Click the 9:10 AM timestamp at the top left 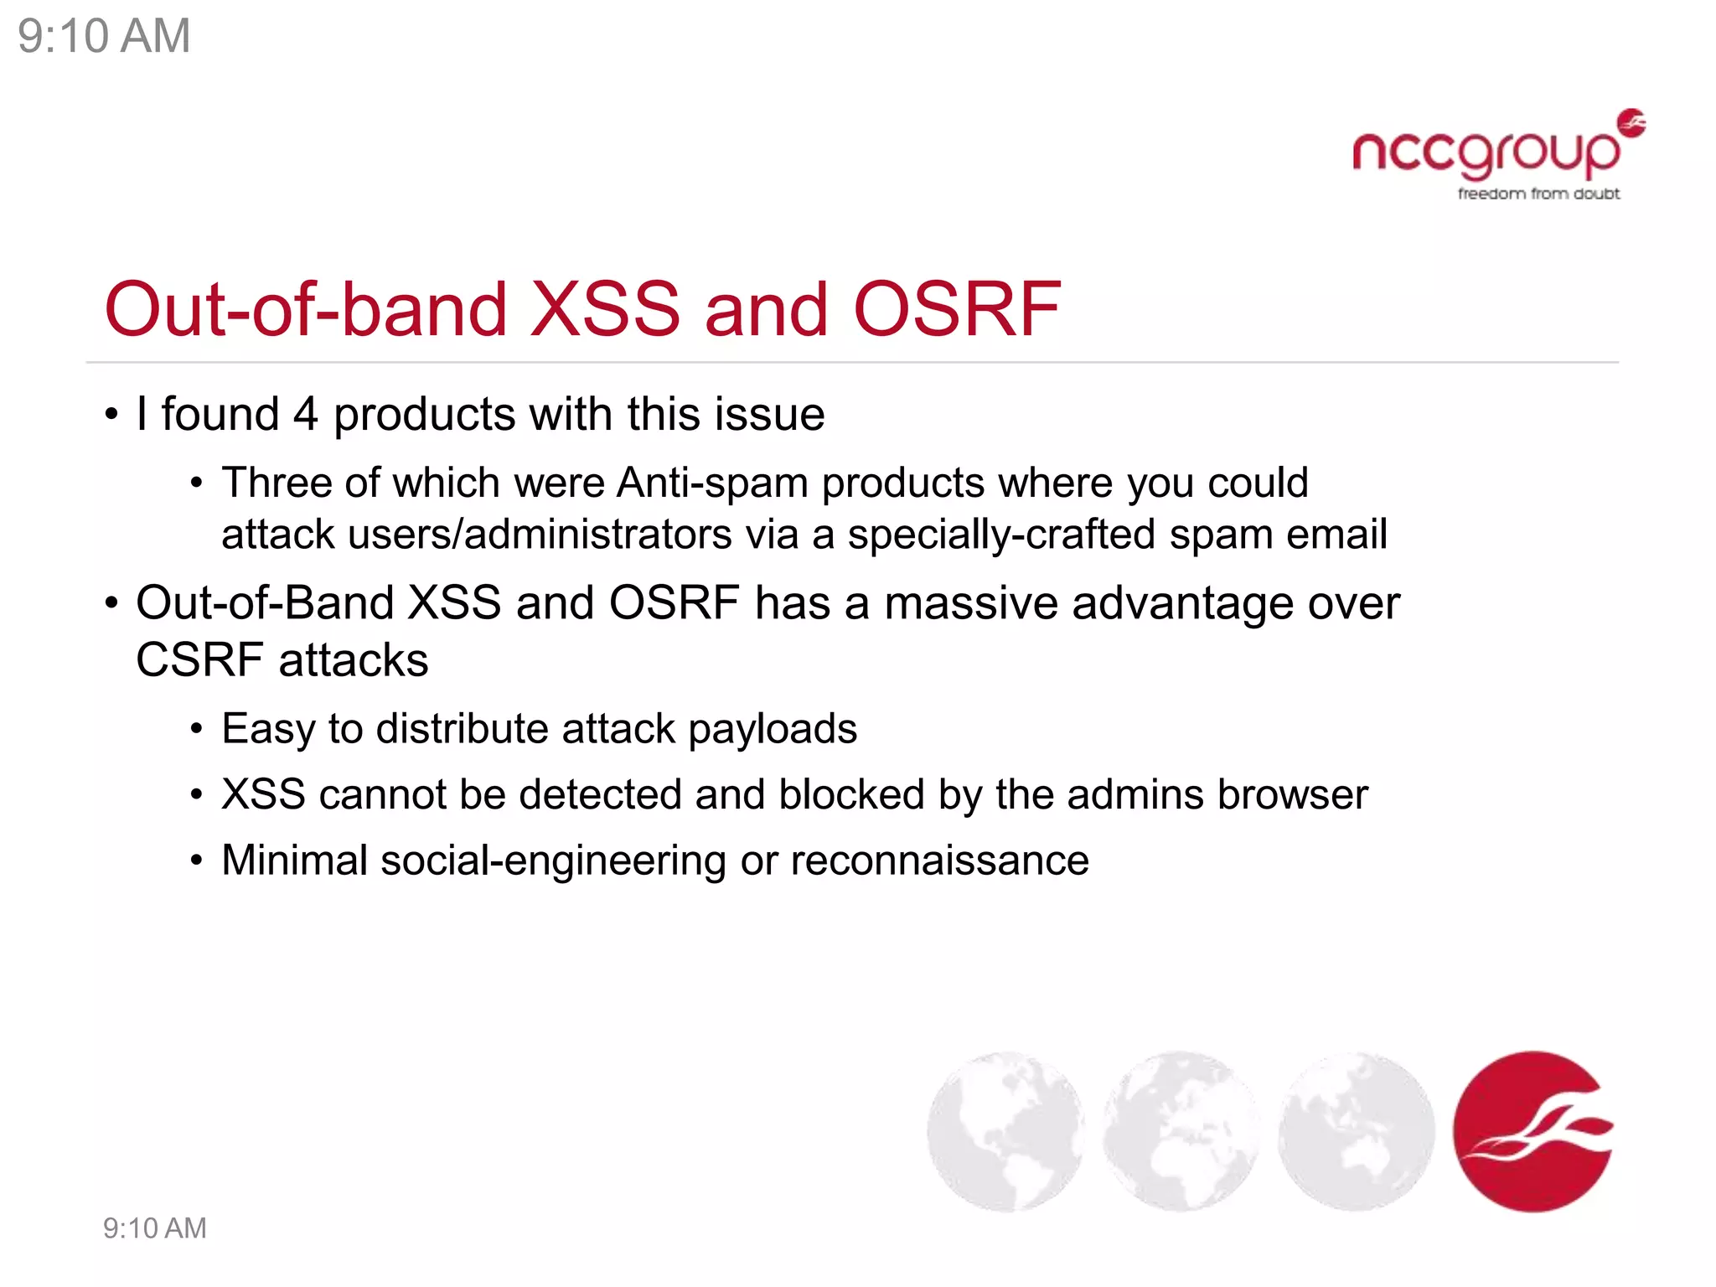[x=104, y=37]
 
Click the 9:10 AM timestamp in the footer [x=154, y=1228]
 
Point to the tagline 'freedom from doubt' [x=1538, y=194]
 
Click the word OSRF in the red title [x=957, y=310]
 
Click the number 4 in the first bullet [x=305, y=415]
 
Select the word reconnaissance [x=939, y=861]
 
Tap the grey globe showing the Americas [x=1005, y=1131]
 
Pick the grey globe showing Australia [x=1356, y=1131]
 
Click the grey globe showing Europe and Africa [x=1180, y=1131]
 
